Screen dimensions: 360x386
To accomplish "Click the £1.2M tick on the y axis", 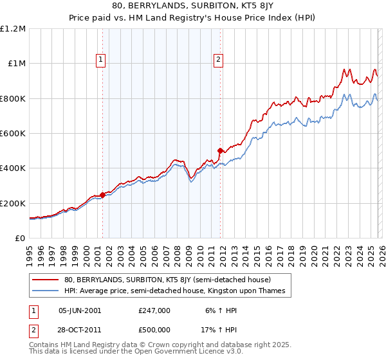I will pos(12,29).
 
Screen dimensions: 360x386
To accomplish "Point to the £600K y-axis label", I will pos(12,134).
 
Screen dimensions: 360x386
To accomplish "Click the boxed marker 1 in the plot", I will pos(102,60).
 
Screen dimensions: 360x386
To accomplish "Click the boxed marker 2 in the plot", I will pos(219,60).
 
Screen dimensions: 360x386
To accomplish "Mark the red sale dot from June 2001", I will pos(102,195).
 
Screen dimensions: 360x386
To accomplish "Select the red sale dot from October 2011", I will pos(220,151).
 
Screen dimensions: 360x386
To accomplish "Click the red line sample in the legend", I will pos(46,280).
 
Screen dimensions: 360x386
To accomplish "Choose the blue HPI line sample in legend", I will pos(46,291).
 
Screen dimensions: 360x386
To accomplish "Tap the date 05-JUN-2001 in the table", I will pos(80,310).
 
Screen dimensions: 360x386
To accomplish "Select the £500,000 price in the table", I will pos(154,329).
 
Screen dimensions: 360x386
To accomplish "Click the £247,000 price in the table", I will pos(154,310).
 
